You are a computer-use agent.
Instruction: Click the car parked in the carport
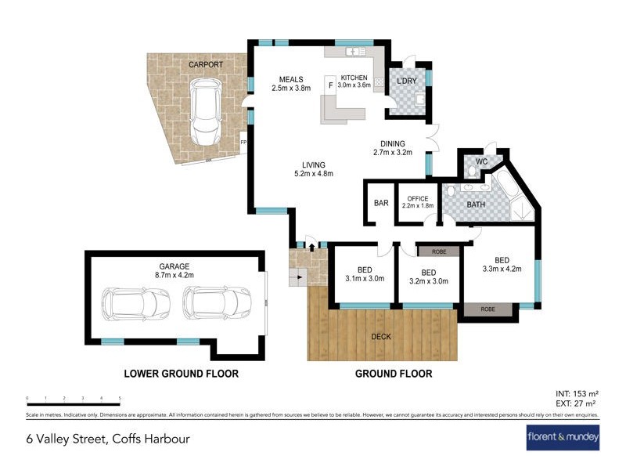(x=205, y=114)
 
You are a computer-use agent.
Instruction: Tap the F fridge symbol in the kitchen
(x=330, y=85)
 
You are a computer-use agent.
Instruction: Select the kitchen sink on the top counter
(x=357, y=52)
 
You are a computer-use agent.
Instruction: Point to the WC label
(x=481, y=161)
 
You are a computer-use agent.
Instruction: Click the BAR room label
(x=381, y=204)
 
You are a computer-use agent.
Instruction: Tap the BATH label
(x=477, y=205)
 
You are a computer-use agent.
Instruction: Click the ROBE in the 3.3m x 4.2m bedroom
(x=487, y=310)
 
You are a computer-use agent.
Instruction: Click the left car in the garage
(x=136, y=300)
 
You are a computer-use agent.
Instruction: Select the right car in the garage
(x=217, y=300)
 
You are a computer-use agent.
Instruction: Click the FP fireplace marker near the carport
(x=243, y=143)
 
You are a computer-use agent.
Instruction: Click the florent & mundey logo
(x=563, y=436)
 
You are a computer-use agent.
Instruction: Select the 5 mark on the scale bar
(x=121, y=399)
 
